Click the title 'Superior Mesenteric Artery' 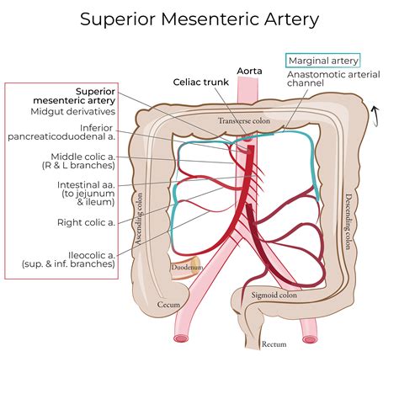tap(199, 18)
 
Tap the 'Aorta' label tap(251, 71)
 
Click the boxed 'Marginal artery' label tap(322, 61)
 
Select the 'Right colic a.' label tap(93, 223)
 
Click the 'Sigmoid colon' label tap(274, 295)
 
